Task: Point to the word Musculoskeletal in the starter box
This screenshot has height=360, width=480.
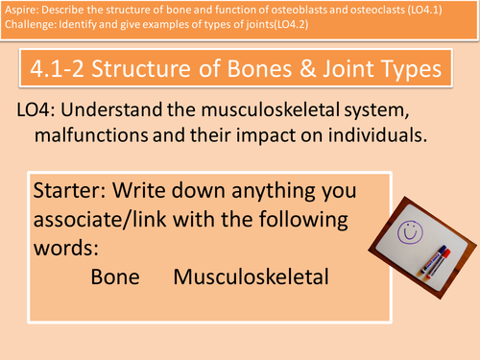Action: point(252,276)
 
